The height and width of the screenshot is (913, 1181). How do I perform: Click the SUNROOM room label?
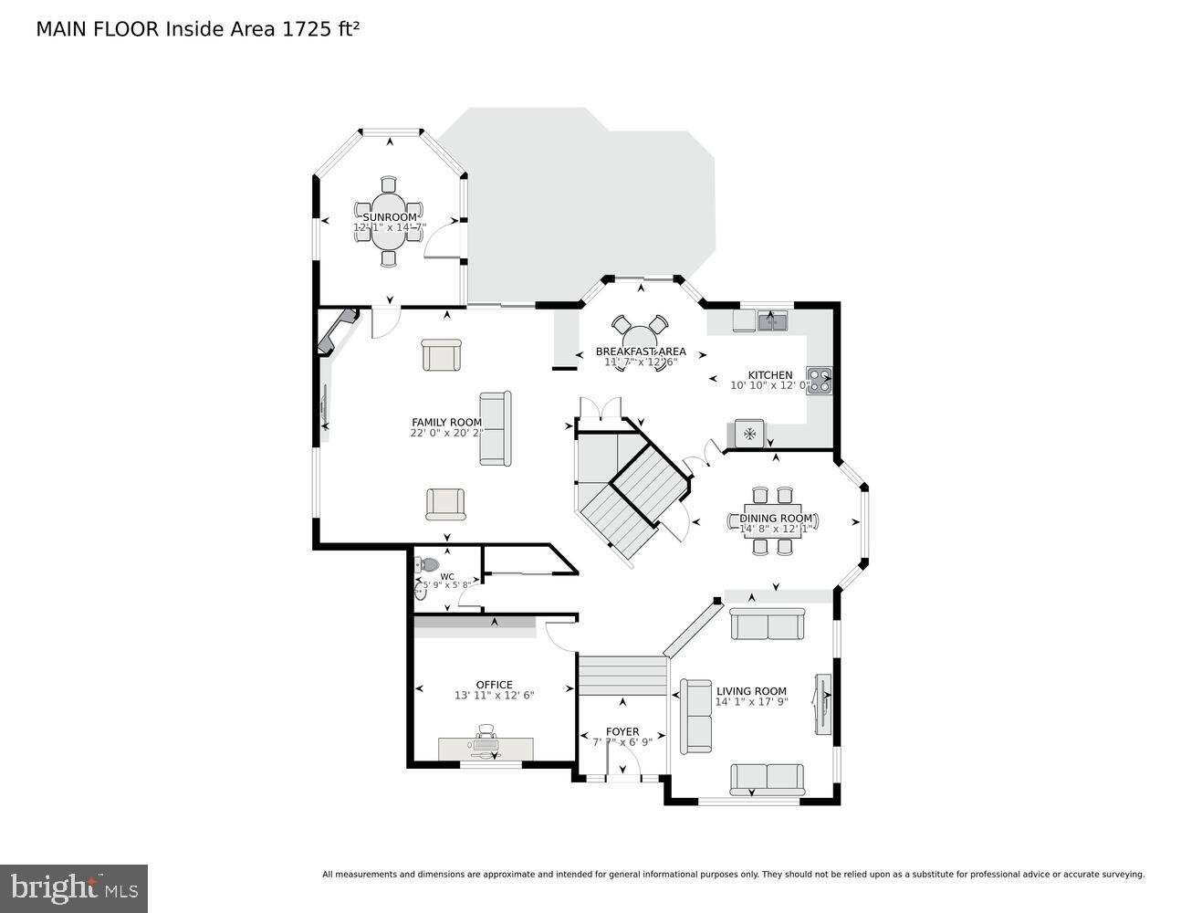[x=390, y=217]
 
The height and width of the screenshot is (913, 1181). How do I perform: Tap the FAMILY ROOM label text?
[x=446, y=422]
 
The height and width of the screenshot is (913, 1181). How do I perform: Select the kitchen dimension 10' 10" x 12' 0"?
[x=769, y=385]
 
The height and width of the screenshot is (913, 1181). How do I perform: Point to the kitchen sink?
[x=772, y=320]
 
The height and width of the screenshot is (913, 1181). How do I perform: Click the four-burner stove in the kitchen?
[x=819, y=379]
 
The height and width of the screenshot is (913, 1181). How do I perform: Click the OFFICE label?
[x=494, y=685]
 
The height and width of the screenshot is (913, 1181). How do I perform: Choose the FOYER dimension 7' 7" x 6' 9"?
[x=622, y=742]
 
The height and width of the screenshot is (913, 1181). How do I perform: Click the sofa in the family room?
[x=495, y=428]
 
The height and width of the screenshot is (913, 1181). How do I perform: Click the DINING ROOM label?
[x=775, y=519]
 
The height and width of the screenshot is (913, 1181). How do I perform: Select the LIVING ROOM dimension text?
[x=751, y=702]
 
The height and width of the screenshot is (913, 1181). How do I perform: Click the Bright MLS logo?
[x=74, y=887]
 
